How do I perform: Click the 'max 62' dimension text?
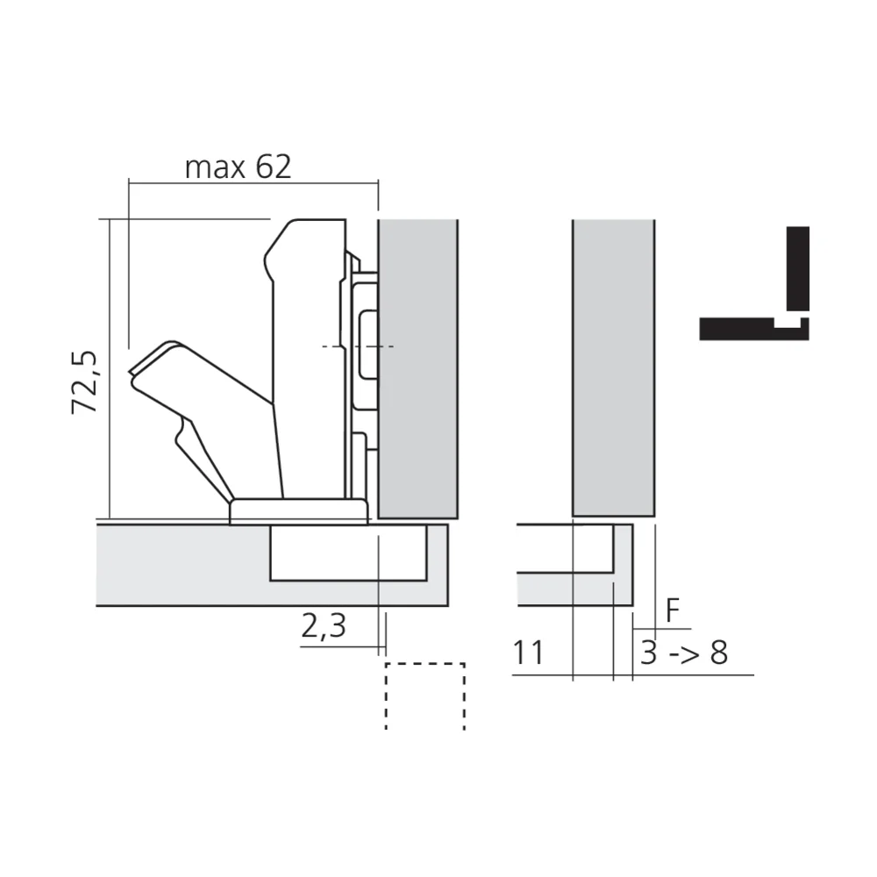coord(238,167)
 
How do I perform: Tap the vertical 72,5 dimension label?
coord(86,382)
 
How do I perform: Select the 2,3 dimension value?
coord(324,626)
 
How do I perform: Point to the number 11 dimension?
coord(528,652)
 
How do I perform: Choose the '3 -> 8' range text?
coord(683,652)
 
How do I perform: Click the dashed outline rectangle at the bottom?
coord(424,664)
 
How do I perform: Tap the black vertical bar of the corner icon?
coord(797,268)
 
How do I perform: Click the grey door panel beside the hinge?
coord(417,368)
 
